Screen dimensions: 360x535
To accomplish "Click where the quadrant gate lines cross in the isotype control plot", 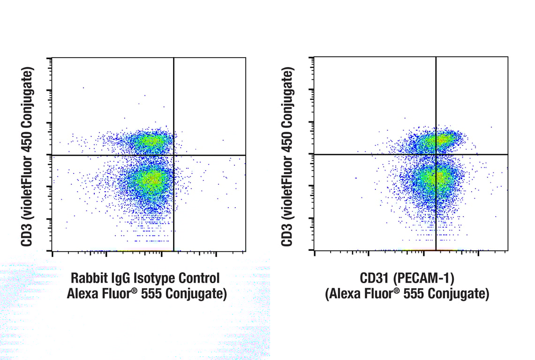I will [x=173, y=155].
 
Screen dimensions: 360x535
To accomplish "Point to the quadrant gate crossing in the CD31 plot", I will [x=436, y=154].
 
